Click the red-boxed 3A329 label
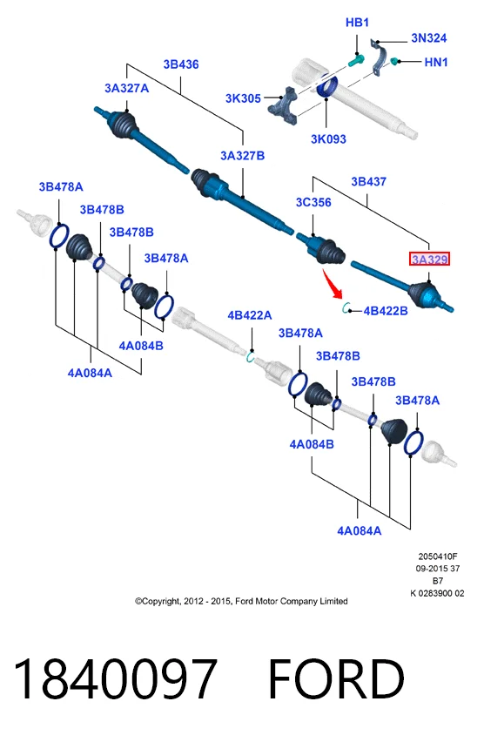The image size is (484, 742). coord(429,259)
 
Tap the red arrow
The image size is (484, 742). coord(333,283)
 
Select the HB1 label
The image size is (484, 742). coord(357,23)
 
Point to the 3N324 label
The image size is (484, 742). coord(428,37)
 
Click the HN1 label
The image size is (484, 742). coord(436,62)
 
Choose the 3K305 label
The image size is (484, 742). coord(243,98)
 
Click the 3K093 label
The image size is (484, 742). coord(328,139)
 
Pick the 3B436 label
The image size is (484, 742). coord(181,64)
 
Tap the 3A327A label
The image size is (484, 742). coord(126,88)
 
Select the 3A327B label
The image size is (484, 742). coord(242,156)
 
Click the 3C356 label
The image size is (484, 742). coord(313,203)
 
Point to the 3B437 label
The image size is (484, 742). coord(368,182)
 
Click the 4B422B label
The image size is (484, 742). coord(386,311)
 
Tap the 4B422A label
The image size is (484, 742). coord(250,315)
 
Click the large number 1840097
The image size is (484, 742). coord(116,678)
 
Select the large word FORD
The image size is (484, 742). coord(337,678)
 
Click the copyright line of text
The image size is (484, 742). coord(241,602)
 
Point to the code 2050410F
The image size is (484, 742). coord(438,556)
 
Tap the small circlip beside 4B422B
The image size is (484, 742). coord(346,308)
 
